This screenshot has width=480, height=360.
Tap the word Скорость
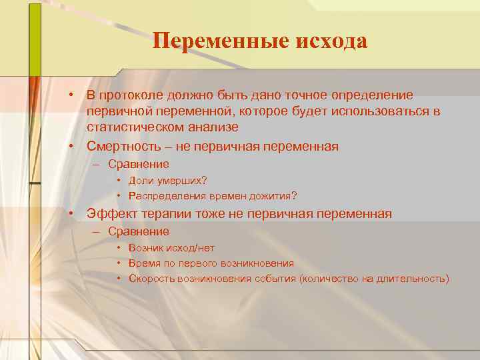tap(151, 279)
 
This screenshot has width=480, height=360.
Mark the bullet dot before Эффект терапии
tap(69, 214)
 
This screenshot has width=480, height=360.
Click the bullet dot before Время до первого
tap(118, 263)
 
